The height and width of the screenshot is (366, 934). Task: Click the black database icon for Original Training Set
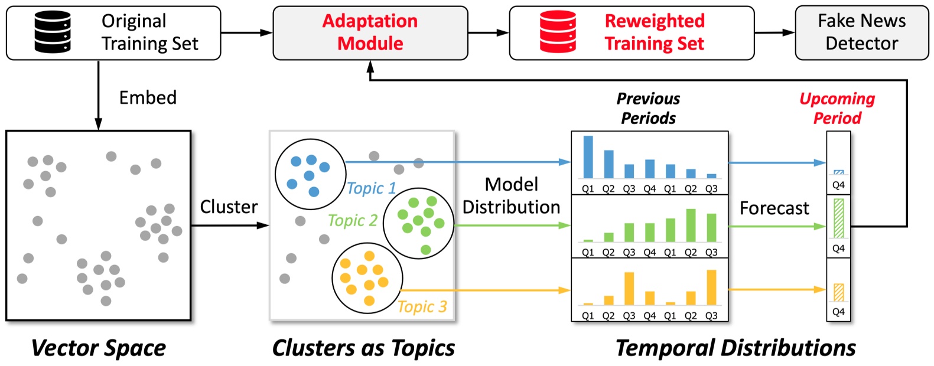53,32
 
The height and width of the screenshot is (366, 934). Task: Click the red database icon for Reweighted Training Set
558,32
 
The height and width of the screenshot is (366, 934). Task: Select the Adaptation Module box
370,32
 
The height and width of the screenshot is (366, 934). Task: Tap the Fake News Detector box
861,32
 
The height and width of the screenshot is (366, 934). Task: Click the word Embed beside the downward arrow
148,97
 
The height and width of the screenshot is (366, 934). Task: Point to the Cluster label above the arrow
229,207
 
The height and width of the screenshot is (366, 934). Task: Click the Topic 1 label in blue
371,188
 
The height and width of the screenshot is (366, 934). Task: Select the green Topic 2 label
352,221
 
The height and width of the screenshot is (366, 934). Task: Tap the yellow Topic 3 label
422,307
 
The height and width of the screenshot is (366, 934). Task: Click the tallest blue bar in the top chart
588,157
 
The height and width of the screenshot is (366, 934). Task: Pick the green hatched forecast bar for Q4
838,218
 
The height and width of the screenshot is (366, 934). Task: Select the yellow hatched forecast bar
838,293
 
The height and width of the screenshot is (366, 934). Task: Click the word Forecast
774,208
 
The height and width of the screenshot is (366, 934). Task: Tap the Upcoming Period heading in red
837,108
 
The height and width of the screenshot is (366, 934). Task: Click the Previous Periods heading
648,108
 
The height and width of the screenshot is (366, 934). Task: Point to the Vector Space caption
99,348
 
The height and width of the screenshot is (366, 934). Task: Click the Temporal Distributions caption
736,348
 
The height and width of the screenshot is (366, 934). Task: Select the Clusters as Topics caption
363,348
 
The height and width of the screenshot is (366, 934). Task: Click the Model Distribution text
511,196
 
